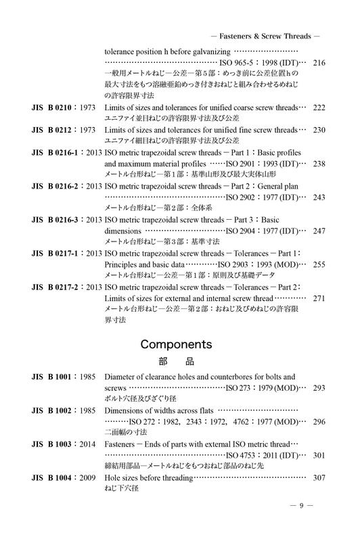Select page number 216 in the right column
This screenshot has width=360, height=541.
319,63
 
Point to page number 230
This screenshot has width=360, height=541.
319,130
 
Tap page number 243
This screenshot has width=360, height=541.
319,197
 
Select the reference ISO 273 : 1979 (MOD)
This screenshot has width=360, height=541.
261,388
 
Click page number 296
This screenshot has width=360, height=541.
319,421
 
